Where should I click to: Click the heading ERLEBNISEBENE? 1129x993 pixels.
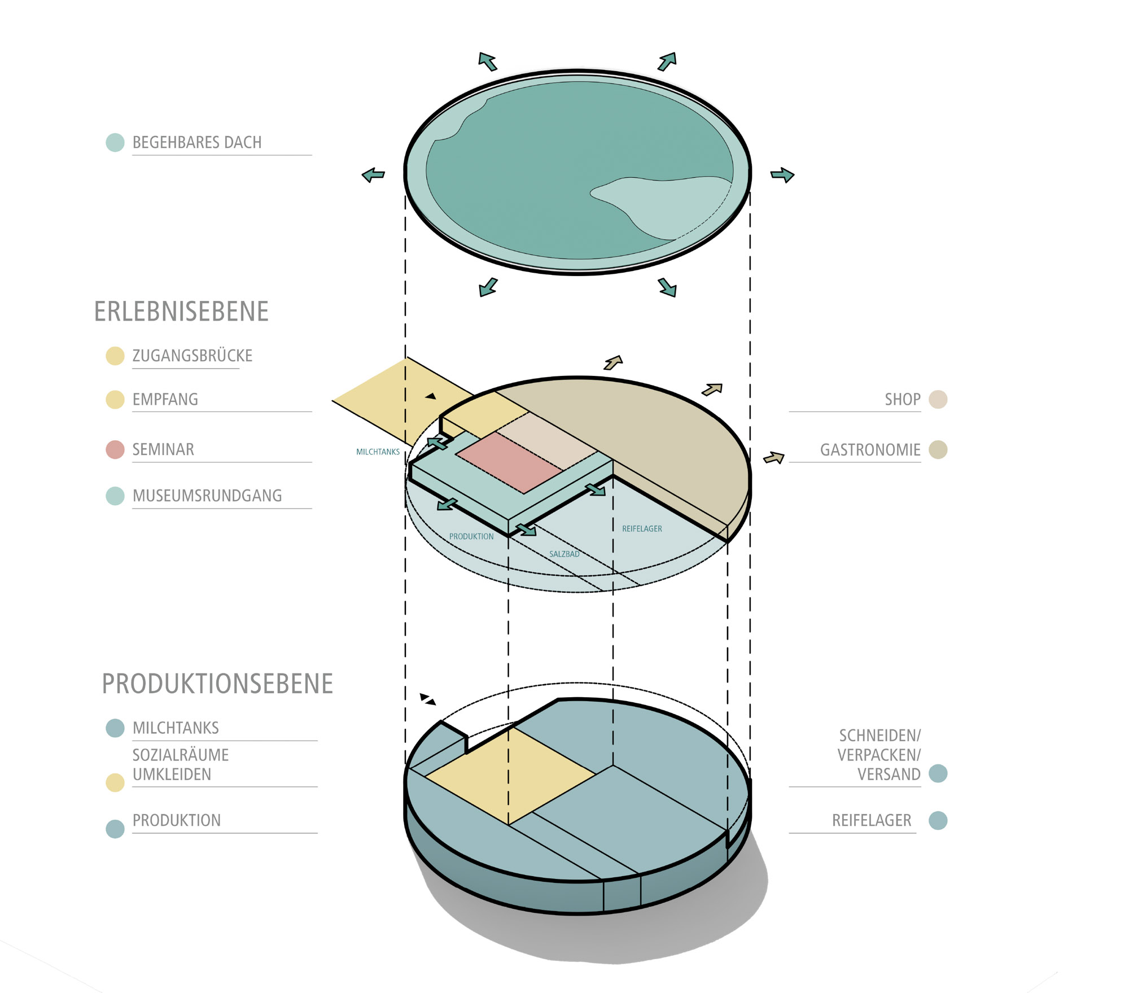(181, 312)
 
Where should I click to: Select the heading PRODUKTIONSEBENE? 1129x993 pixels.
(217, 684)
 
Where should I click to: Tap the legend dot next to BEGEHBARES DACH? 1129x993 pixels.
(115, 142)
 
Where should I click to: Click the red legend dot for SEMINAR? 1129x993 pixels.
(115, 449)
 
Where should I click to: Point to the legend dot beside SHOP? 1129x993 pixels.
(938, 399)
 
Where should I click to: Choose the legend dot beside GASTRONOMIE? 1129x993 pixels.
(938, 449)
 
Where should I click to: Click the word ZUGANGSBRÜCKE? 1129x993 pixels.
(192, 356)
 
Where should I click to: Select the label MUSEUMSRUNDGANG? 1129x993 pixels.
(207, 496)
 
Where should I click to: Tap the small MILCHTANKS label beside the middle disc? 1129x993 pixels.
(378, 452)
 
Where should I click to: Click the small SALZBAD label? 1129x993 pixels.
(564, 554)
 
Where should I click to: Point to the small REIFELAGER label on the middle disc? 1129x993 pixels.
(642, 529)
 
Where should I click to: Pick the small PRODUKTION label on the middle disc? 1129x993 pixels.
(471, 536)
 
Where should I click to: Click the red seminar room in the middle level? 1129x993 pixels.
(508, 462)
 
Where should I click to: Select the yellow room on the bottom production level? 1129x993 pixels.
(510, 776)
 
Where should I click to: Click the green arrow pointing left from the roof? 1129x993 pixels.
(373, 175)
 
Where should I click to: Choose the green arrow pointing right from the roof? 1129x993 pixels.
(782, 175)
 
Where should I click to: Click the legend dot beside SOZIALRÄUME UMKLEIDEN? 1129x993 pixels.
(115, 782)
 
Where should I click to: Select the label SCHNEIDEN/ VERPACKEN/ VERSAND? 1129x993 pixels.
(878, 755)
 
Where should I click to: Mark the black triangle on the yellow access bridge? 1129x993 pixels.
(431, 396)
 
